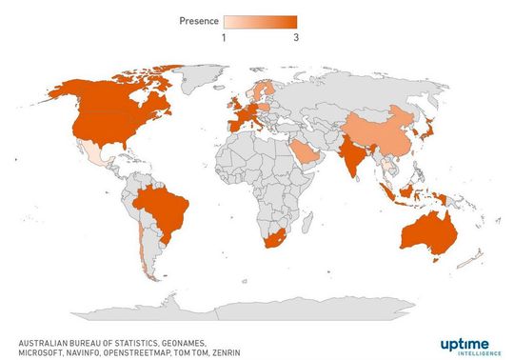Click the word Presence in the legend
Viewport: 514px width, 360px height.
(x=200, y=21)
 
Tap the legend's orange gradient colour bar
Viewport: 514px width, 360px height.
(x=260, y=21)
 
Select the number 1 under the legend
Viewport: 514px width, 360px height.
(x=225, y=37)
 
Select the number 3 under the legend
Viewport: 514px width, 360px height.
(x=296, y=37)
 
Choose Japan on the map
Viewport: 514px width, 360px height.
(x=431, y=125)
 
